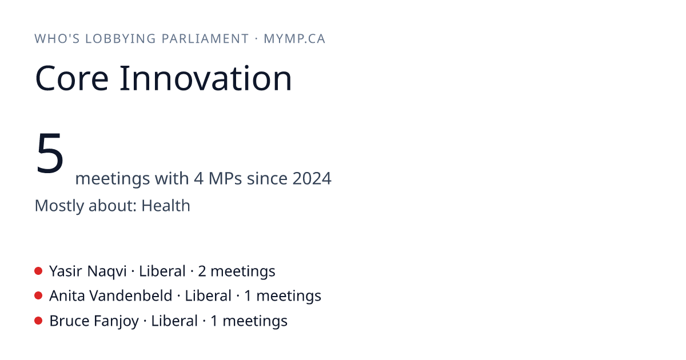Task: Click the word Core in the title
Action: click(71, 78)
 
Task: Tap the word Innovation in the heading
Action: click(205, 78)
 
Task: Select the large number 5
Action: click(50, 153)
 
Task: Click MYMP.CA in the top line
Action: click(294, 39)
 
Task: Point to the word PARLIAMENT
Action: click(205, 39)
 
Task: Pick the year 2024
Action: click(312, 178)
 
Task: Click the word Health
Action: click(166, 205)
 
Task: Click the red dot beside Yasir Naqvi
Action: click(38, 271)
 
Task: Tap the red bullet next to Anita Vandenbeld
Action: click(38, 296)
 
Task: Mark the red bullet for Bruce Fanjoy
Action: click(38, 321)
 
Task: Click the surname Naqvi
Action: click(107, 271)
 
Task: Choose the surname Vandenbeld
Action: click(131, 296)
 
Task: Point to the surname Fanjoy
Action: click(117, 321)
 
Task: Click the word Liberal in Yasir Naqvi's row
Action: click(162, 271)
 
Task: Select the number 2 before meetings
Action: click(202, 271)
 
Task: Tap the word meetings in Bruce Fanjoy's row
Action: click(255, 321)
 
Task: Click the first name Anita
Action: click(67, 296)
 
